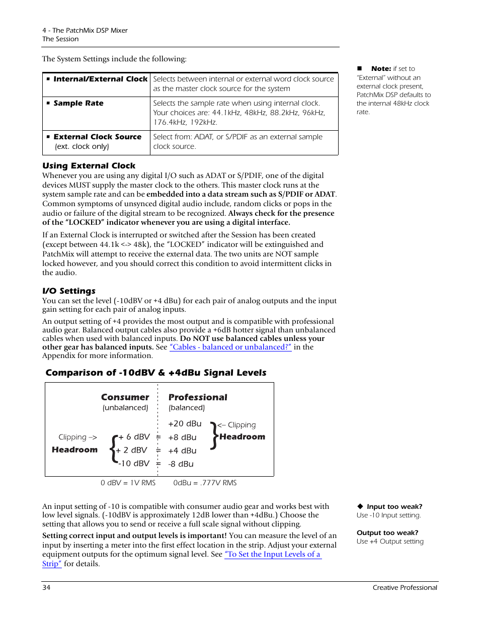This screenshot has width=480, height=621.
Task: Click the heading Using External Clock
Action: tap(89, 166)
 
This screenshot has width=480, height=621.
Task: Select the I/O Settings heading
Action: tap(69, 291)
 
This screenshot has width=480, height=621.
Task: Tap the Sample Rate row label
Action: tap(78, 103)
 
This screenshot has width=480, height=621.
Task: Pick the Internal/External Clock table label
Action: tap(100, 79)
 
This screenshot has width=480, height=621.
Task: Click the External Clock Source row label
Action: tap(97, 137)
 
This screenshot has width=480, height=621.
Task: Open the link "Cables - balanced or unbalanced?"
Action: tap(230, 347)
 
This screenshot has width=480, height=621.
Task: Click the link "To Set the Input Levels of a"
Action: tap(272, 554)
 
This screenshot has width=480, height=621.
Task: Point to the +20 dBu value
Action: tap(185, 424)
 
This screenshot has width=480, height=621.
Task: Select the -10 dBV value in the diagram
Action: tap(134, 464)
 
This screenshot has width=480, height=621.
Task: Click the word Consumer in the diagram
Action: tap(125, 397)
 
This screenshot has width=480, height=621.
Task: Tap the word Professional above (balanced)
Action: tap(198, 397)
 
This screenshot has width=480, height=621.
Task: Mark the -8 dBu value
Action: tap(181, 464)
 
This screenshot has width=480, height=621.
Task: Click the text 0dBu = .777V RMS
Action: tap(205, 483)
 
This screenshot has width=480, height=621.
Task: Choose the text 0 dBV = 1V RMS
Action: tap(128, 483)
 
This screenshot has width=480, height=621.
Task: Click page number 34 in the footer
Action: tap(46, 587)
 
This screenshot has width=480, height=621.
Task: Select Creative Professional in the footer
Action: tap(405, 587)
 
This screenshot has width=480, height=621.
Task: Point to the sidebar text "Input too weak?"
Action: tap(394, 507)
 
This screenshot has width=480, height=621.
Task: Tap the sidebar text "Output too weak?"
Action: tap(387, 533)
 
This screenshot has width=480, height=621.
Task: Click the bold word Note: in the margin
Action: tap(381, 69)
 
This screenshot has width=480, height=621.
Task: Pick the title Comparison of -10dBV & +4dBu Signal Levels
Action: tap(156, 373)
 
